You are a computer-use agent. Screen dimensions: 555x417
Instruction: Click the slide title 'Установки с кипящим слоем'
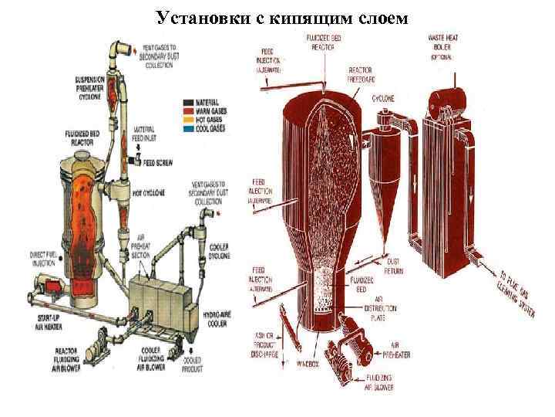click(279, 16)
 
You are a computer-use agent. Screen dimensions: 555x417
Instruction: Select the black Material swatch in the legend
click(188, 101)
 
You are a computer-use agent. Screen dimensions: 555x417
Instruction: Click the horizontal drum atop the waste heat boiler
click(447, 96)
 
